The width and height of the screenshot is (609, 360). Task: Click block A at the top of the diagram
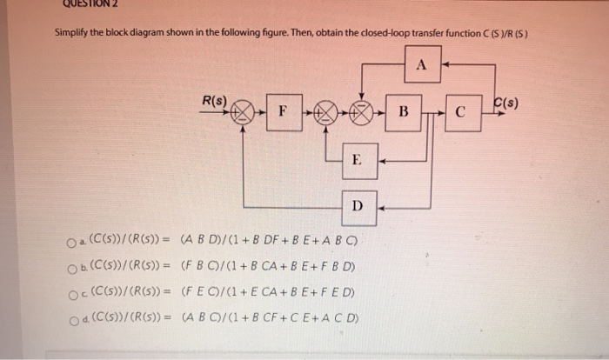(423, 63)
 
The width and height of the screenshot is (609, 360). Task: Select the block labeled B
(403, 112)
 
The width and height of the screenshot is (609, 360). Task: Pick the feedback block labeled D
(358, 206)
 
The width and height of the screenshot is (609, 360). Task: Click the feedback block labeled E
(358, 160)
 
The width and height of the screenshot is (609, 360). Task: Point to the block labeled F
(282, 112)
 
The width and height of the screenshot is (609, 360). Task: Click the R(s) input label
(214, 101)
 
